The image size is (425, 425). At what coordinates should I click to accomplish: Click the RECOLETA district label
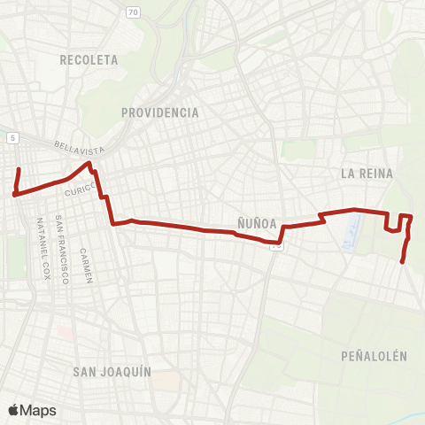(89, 60)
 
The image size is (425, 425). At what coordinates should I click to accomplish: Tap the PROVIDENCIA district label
(160, 112)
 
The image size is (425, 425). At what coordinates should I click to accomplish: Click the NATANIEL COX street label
(42, 248)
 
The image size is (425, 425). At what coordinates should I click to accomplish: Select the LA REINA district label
(367, 174)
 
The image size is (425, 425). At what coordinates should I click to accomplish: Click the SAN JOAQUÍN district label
(112, 371)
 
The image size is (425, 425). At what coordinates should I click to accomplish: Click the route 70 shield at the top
(133, 12)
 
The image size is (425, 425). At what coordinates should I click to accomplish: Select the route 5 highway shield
(13, 138)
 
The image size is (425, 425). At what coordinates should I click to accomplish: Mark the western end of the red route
(19, 167)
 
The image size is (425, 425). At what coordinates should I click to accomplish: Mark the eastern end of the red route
(403, 262)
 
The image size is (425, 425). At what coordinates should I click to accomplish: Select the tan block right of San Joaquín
(168, 379)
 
